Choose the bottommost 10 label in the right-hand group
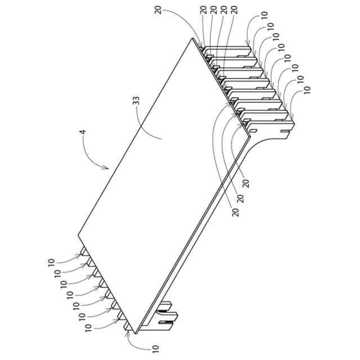click(x=307, y=89)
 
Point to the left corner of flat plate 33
click(x=77, y=236)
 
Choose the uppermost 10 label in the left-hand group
click(x=51, y=262)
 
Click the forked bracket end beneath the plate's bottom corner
click(x=168, y=318)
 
